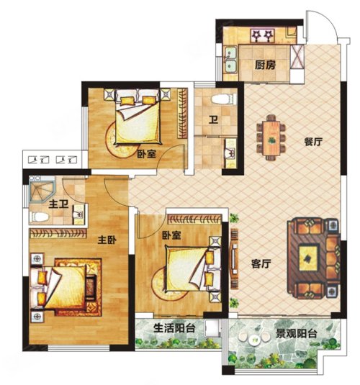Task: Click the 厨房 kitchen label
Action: coord(265,65)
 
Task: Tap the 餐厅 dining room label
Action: coord(313,142)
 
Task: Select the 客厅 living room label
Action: coord(261,264)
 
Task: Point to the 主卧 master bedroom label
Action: coord(107,240)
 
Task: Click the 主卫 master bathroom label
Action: coord(58,204)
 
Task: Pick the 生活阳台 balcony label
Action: coord(174,328)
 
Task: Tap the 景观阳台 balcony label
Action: coord(296,334)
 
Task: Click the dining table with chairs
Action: coord(271,137)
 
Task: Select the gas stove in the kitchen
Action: coord(262,36)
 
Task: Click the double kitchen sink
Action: coord(230,60)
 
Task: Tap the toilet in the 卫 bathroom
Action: coord(224,99)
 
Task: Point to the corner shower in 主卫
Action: coord(41,189)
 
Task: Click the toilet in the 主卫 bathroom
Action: coord(39,217)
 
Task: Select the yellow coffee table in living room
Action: coord(308,258)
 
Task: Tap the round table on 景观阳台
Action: coord(253,340)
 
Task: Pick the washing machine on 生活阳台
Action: coord(212,328)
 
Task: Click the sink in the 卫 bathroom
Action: coord(230,153)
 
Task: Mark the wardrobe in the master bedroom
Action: coord(58,233)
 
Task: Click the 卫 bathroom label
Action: coord(213,120)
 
